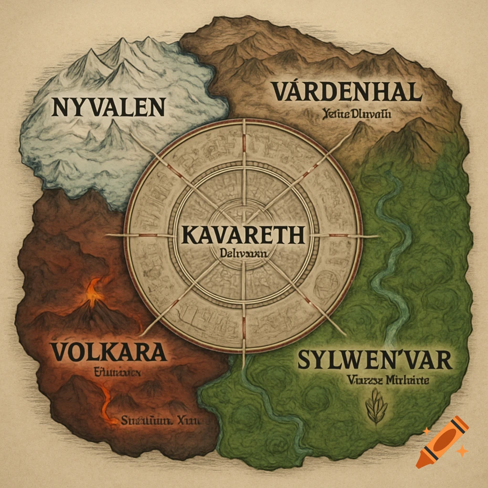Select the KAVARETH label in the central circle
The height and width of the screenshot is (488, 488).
(x=243, y=236)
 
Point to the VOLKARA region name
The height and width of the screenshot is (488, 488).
(x=108, y=352)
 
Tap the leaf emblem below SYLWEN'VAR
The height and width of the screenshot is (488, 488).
(x=376, y=407)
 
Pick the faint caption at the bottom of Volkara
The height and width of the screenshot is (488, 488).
(x=162, y=421)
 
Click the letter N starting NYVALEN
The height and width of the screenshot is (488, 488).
(x=60, y=108)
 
